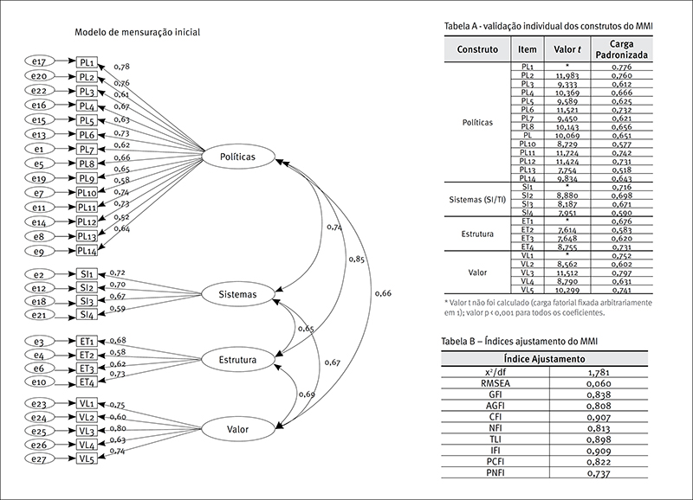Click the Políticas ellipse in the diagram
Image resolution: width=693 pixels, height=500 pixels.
(238, 157)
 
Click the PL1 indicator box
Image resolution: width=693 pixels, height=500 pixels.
(87, 62)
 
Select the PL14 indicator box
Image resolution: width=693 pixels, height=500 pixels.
(87, 251)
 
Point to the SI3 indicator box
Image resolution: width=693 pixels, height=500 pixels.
(87, 301)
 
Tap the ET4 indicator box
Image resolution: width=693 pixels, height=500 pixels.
(87, 382)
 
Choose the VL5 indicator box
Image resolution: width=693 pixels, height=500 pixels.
(87, 459)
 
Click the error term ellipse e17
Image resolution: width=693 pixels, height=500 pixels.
(37, 62)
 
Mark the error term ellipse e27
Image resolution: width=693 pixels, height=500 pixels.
(37, 459)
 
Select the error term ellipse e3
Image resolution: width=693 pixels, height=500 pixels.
(37, 341)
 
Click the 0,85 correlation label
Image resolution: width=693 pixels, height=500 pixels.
(356, 259)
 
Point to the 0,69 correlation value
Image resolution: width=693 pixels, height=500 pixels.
(306, 394)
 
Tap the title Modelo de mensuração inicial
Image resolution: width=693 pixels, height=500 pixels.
(138, 32)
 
